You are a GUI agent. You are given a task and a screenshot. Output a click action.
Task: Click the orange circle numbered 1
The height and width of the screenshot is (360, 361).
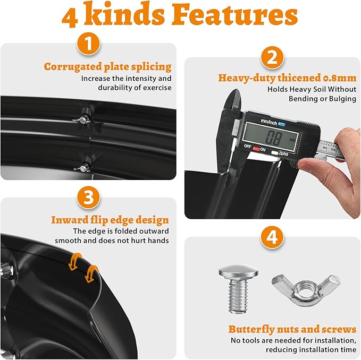[88, 44]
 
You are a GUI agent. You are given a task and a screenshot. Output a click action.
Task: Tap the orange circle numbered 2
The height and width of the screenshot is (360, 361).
[272, 57]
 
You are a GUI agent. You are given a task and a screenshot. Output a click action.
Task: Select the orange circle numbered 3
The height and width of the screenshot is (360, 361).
[88, 197]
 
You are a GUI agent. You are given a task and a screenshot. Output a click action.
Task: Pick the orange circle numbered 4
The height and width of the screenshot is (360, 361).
[272, 238]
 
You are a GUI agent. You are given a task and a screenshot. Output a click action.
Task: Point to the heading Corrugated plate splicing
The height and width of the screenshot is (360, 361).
[107, 67]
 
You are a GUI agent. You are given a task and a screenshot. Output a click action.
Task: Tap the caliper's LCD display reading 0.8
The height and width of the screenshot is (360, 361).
[271, 137]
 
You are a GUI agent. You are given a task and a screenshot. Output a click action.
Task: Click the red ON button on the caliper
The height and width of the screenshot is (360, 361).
[256, 149]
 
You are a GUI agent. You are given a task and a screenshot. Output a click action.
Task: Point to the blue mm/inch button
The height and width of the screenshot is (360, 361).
[282, 124]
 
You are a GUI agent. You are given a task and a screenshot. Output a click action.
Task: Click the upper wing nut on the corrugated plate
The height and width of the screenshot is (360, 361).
[82, 119]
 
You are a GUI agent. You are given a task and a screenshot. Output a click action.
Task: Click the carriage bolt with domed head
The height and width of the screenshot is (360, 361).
[238, 288]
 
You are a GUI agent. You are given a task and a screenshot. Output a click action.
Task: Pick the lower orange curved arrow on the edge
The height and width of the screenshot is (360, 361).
[91, 273]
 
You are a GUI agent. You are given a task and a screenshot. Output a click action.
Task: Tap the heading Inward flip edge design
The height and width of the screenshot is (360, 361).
[110, 220]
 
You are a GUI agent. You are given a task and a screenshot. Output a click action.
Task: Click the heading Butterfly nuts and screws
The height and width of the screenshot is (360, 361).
[292, 329]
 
